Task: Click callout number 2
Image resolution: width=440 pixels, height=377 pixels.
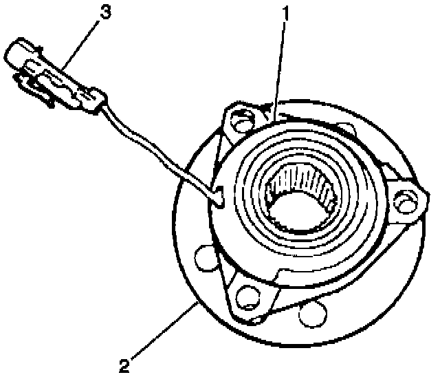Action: pos(124,365)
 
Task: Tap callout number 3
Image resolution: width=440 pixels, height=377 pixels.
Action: pos(106,12)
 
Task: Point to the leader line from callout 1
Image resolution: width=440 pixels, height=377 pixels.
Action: pos(279,70)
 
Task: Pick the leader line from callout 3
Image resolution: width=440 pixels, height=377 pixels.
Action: pos(80,44)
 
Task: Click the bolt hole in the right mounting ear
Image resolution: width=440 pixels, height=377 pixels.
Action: pos(404,201)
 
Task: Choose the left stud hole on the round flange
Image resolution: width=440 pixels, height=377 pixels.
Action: pos(206,258)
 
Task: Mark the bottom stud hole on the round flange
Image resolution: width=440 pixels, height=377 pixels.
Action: pos(313,314)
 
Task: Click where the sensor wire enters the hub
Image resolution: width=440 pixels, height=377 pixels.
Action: pos(219,197)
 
